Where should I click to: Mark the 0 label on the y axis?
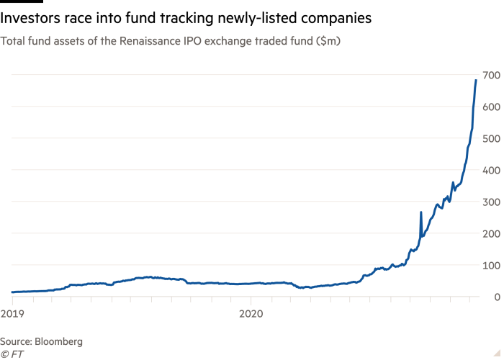(497, 297)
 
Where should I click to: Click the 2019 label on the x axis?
(11, 314)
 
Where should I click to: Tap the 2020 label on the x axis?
(251, 314)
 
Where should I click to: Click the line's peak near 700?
(476, 80)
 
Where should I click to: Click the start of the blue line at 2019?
(12, 292)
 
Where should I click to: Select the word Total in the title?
(14, 42)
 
